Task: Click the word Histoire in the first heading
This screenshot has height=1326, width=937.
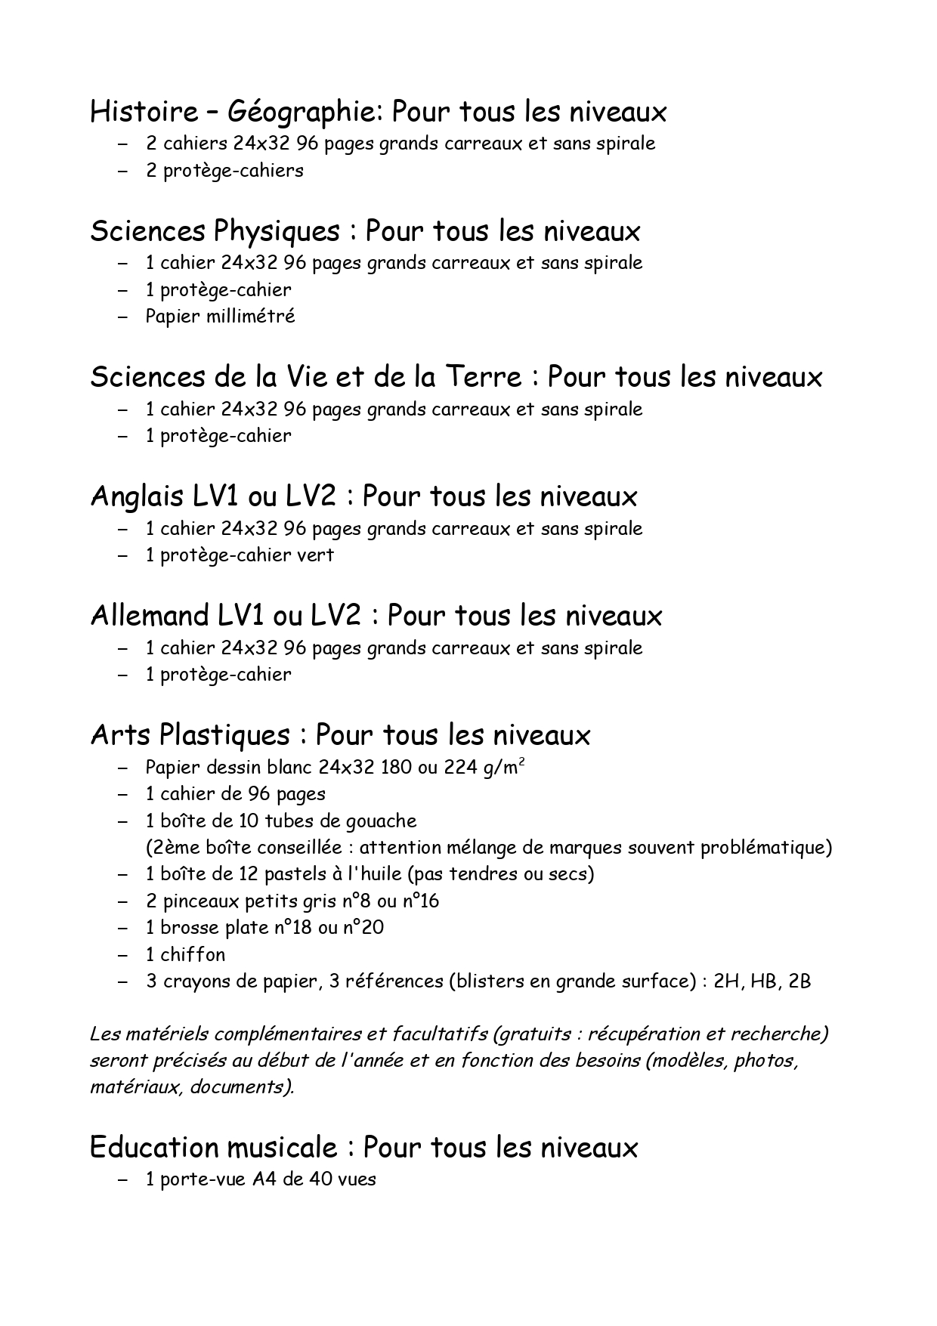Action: click(x=144, y=112)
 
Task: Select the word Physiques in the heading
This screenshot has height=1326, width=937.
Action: click(x=276, y=231)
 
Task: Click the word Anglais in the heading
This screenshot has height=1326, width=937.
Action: click(x=137, y=496)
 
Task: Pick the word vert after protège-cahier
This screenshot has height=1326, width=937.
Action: click(x=315, y=555)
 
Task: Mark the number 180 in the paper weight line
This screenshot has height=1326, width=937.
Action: click(x=396, y=768)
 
